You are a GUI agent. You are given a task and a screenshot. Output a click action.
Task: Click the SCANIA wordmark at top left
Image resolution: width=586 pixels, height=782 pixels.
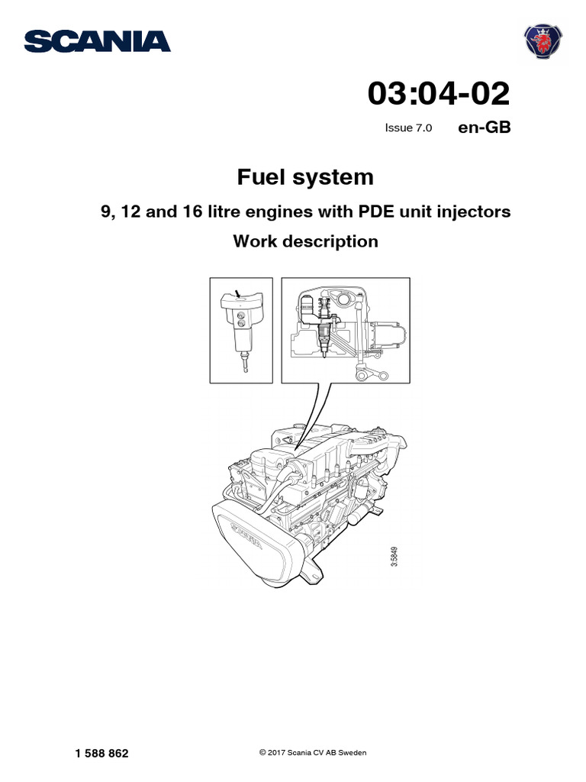(97, 41)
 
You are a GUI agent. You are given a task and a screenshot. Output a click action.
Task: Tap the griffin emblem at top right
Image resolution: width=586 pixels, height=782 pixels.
(543, 40)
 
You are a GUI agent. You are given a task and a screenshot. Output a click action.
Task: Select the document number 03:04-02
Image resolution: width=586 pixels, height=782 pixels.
(438, 94)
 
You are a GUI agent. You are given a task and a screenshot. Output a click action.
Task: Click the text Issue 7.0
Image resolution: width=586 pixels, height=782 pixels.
(408, 128)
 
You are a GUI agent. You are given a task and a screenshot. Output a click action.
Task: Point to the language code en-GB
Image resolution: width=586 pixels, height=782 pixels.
(484, 128)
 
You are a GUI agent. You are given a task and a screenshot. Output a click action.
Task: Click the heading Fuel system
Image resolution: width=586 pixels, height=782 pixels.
(305, 177)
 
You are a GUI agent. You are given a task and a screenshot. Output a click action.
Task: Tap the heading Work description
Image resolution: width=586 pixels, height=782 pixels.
(305, 241)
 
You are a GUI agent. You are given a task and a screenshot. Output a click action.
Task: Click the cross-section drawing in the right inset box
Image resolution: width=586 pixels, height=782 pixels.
(346, 330)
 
